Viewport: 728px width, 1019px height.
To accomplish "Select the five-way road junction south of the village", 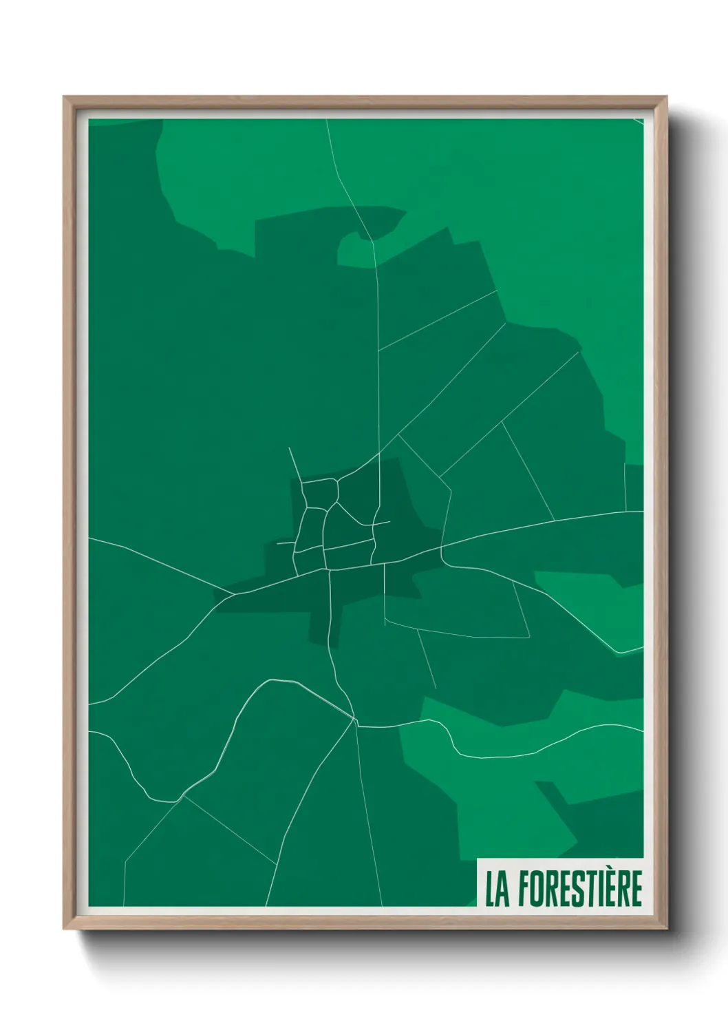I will [354, 719].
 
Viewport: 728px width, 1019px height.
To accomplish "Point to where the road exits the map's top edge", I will [326, 120].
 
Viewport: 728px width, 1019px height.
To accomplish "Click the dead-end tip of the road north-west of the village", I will [289, 448].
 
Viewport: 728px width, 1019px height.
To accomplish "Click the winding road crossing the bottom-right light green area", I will [523, 754].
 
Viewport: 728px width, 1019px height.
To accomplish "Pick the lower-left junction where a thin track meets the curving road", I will [182, 797].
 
